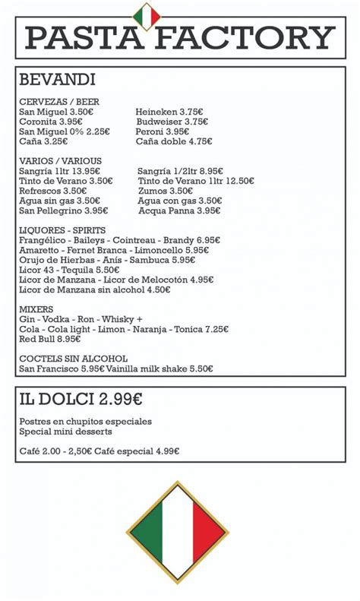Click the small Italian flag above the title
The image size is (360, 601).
click(146, 16)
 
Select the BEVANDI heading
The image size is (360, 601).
click(57, 80)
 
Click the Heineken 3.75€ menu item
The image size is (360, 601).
click(169, 112)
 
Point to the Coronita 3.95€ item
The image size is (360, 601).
click(50, 122)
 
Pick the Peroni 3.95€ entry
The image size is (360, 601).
click(162, 131)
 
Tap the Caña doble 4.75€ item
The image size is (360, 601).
click(173, 141)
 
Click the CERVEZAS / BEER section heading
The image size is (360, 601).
click(59, 102)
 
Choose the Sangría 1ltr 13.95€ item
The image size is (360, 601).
click(59, 171)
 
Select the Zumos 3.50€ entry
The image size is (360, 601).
click(165, 191)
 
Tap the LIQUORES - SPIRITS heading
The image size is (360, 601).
click(62, 230)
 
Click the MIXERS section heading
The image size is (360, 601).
click(36, 309)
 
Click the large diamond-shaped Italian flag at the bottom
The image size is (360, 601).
click(177, 532)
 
